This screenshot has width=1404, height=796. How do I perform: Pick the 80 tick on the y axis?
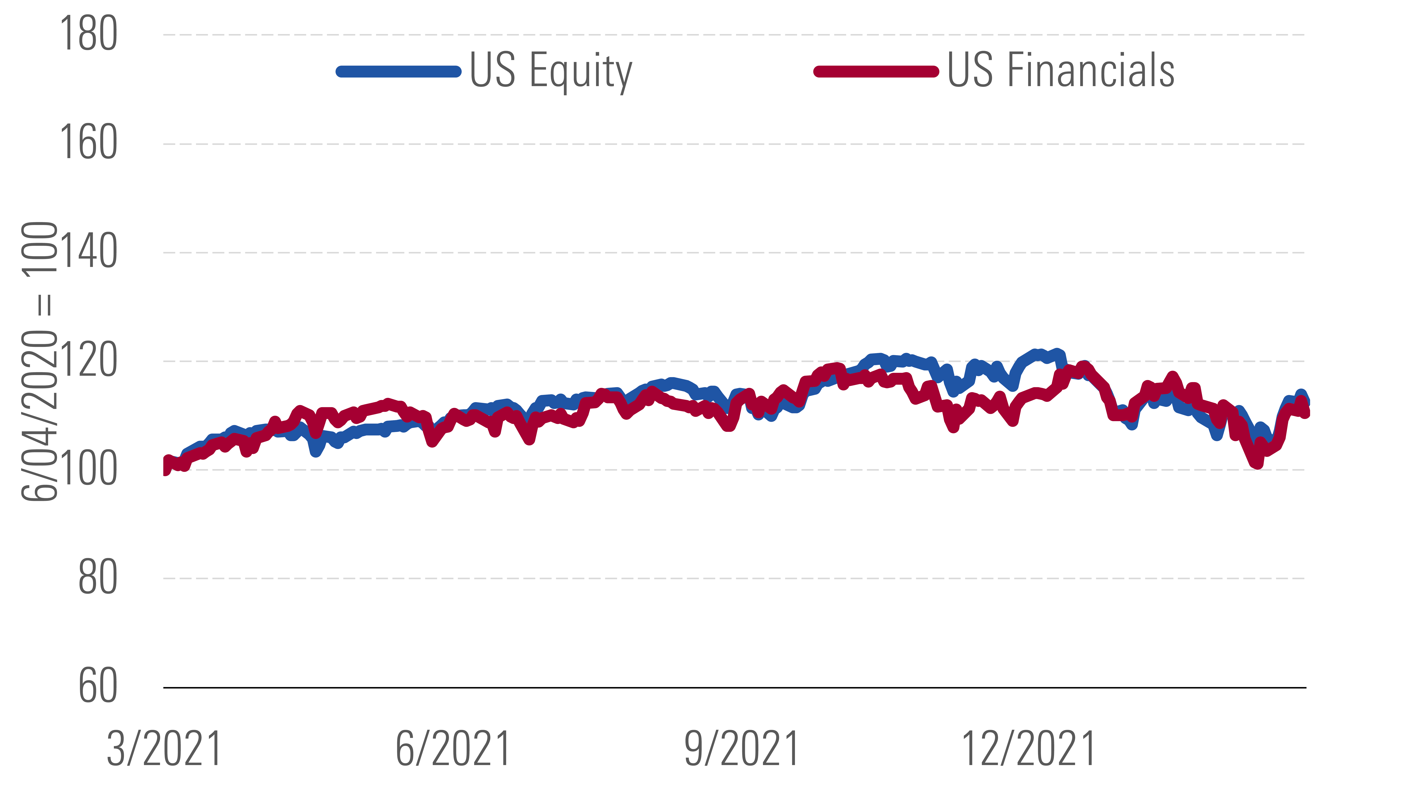97,578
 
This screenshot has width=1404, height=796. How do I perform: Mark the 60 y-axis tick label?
97,687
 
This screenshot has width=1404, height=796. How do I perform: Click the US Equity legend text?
551,71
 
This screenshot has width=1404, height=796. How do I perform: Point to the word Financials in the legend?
1090,71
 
